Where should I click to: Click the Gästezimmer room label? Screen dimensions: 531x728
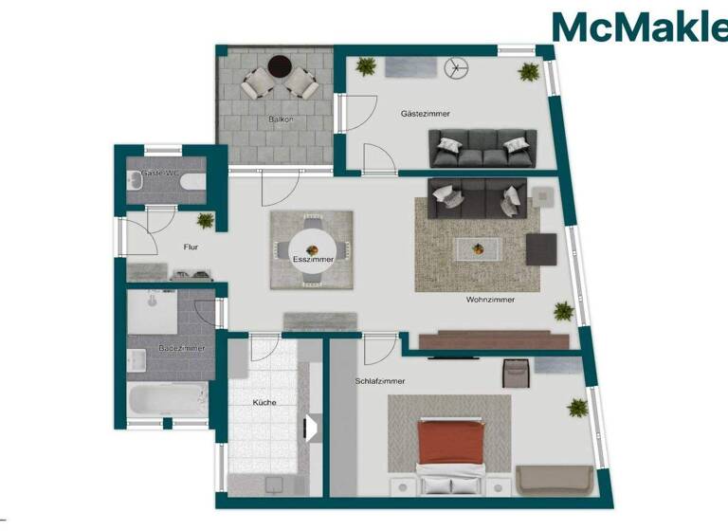(425, 114)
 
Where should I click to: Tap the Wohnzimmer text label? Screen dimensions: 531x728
(490, 300)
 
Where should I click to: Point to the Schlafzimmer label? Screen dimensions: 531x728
(380, 381)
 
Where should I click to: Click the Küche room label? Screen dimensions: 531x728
(264, 403)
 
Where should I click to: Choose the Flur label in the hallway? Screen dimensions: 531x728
(190, 247)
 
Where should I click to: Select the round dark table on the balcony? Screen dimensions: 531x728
(278, 65)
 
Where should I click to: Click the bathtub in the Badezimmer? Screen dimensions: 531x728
(168, 400)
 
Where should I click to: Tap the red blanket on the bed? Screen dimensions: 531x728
(452, 441)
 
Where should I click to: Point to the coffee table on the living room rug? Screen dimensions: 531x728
(478, 248)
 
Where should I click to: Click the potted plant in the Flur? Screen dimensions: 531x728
(205, 220)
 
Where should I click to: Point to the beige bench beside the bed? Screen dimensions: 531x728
(556, 481)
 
